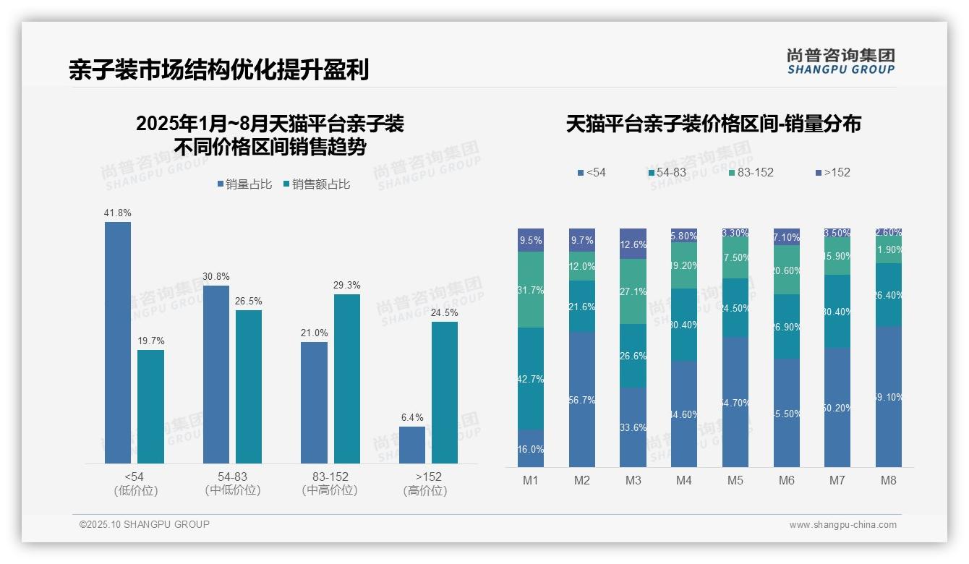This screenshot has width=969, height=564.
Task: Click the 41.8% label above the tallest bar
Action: (117, 213)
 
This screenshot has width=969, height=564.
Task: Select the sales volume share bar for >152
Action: (412, 445)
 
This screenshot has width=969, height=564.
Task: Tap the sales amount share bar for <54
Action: (150, 406)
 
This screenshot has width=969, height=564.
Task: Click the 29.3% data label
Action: (346, 286)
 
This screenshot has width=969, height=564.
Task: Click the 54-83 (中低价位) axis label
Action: (233, 484)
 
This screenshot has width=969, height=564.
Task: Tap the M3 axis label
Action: (633, 481)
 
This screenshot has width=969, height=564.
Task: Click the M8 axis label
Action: (889, 481)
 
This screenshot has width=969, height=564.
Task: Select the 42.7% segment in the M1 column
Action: (531, 379)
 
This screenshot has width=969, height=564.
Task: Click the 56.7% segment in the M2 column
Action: (582, 399)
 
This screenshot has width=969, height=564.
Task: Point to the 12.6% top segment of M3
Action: (633, 244)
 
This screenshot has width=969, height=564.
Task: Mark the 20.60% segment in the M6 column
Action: (787, 270)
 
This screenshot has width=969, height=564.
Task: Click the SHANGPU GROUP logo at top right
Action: (840, 61)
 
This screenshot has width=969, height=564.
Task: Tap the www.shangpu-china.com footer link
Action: (842, 525)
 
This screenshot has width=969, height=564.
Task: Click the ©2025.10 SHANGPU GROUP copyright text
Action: (145, 525)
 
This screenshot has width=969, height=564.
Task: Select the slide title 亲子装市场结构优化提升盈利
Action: (218, 70)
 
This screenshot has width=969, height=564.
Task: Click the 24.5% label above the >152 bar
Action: (445, 313)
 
